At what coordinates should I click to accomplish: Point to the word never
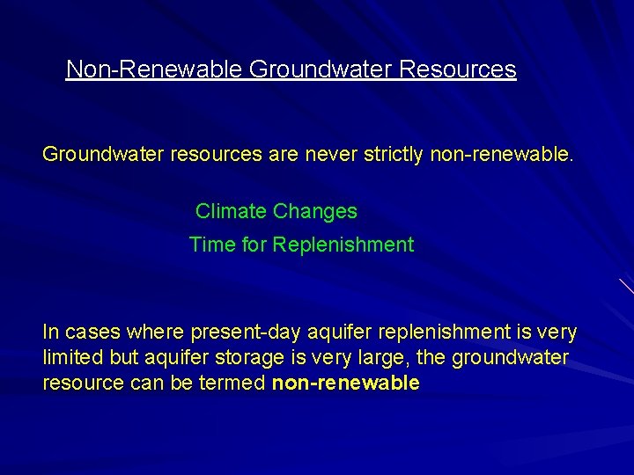tap(322, 156)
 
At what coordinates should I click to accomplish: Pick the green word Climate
tap(232, 211)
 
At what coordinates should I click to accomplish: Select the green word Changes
tap(315, 211)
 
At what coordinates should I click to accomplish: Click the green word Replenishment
tap(343, 245)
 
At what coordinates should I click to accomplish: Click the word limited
tap(72, 358)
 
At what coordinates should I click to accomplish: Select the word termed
tap(236, 384)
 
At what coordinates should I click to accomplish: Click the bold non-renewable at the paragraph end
tap(346, 384)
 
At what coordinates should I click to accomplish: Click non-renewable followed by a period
tap(501, 156)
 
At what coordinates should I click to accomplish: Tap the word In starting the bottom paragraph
tap(51, 332)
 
